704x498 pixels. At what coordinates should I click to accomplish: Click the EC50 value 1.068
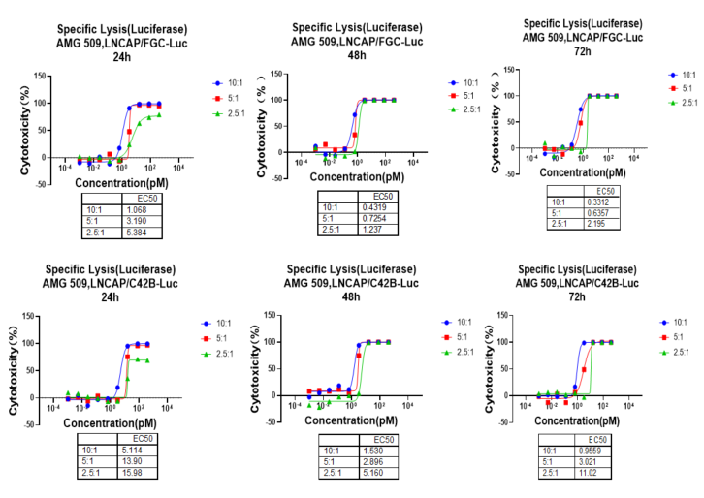136,209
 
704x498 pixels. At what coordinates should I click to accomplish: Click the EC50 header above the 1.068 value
135,198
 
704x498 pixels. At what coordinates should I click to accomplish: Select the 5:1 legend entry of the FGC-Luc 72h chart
680,88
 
